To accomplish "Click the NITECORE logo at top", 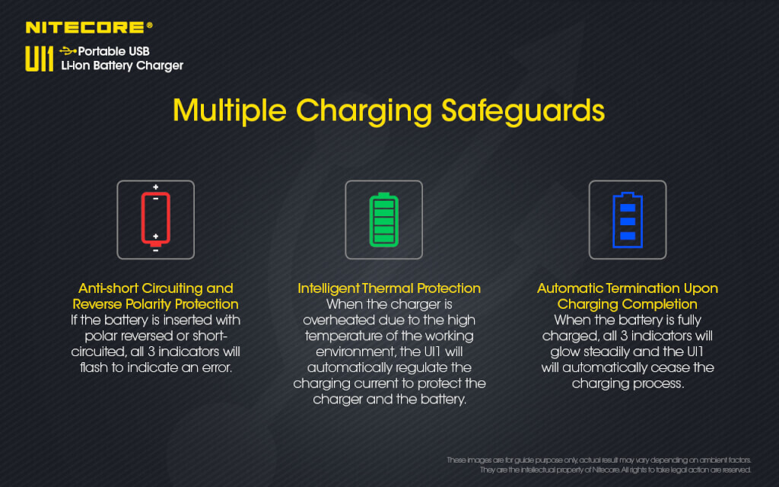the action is click(89, 27).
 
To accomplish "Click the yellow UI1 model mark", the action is click(40, 59).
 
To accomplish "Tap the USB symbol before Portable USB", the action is click(68, 51).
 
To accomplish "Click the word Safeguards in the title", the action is click(523, 110).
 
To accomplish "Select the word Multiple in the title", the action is click(230, 110).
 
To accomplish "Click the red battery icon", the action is click(155, 218).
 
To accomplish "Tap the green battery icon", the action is click(383, 220).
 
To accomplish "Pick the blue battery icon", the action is click(628, 220).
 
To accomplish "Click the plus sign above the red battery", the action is click(155, 187).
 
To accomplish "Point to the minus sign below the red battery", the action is click(155, 251).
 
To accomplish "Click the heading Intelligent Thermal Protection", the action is click(389, 288).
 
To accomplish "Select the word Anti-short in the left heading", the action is click(108, 288).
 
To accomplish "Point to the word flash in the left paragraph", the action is click(94, 368).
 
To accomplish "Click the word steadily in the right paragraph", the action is click(607, 352).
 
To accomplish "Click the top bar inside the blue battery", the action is click(628, 208).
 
